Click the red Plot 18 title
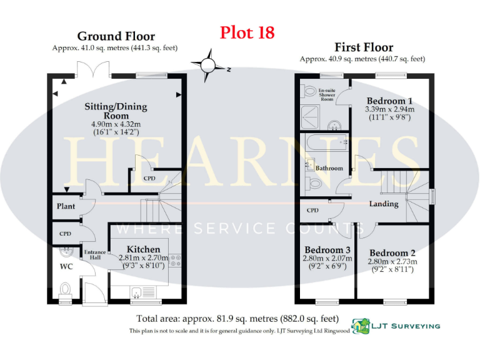coord(247,32)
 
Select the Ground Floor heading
coord(116,36)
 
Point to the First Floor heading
coord(364,47)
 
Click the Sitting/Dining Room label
coord(116,111)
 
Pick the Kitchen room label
coord(144,249)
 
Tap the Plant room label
coord(66,206)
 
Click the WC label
coord(67,267)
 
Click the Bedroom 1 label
coord(389,101)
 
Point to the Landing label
coord(384,204)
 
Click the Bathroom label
coord(329,168)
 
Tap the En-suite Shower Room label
coord(327,95)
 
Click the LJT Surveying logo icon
coord(360,326)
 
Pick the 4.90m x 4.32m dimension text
coord(116,124)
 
